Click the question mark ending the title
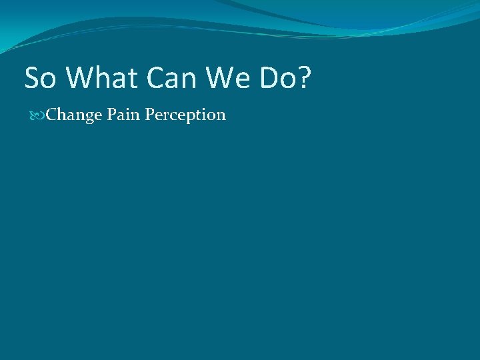coord(305,78)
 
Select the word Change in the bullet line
coord(73,115)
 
